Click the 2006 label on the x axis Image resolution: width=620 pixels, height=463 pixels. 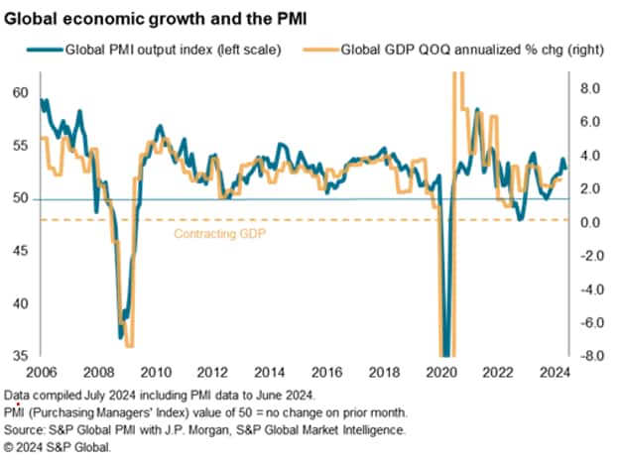tap(41, 374)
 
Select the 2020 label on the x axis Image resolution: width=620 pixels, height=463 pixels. tap(436, 374)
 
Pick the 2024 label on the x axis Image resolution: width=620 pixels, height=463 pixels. tap(552, 374)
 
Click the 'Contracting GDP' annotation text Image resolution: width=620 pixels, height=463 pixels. tap(220, 235)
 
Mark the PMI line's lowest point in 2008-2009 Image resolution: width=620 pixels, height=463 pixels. tap(121, 340)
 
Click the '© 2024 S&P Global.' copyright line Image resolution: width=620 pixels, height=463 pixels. tap(58, 447)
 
